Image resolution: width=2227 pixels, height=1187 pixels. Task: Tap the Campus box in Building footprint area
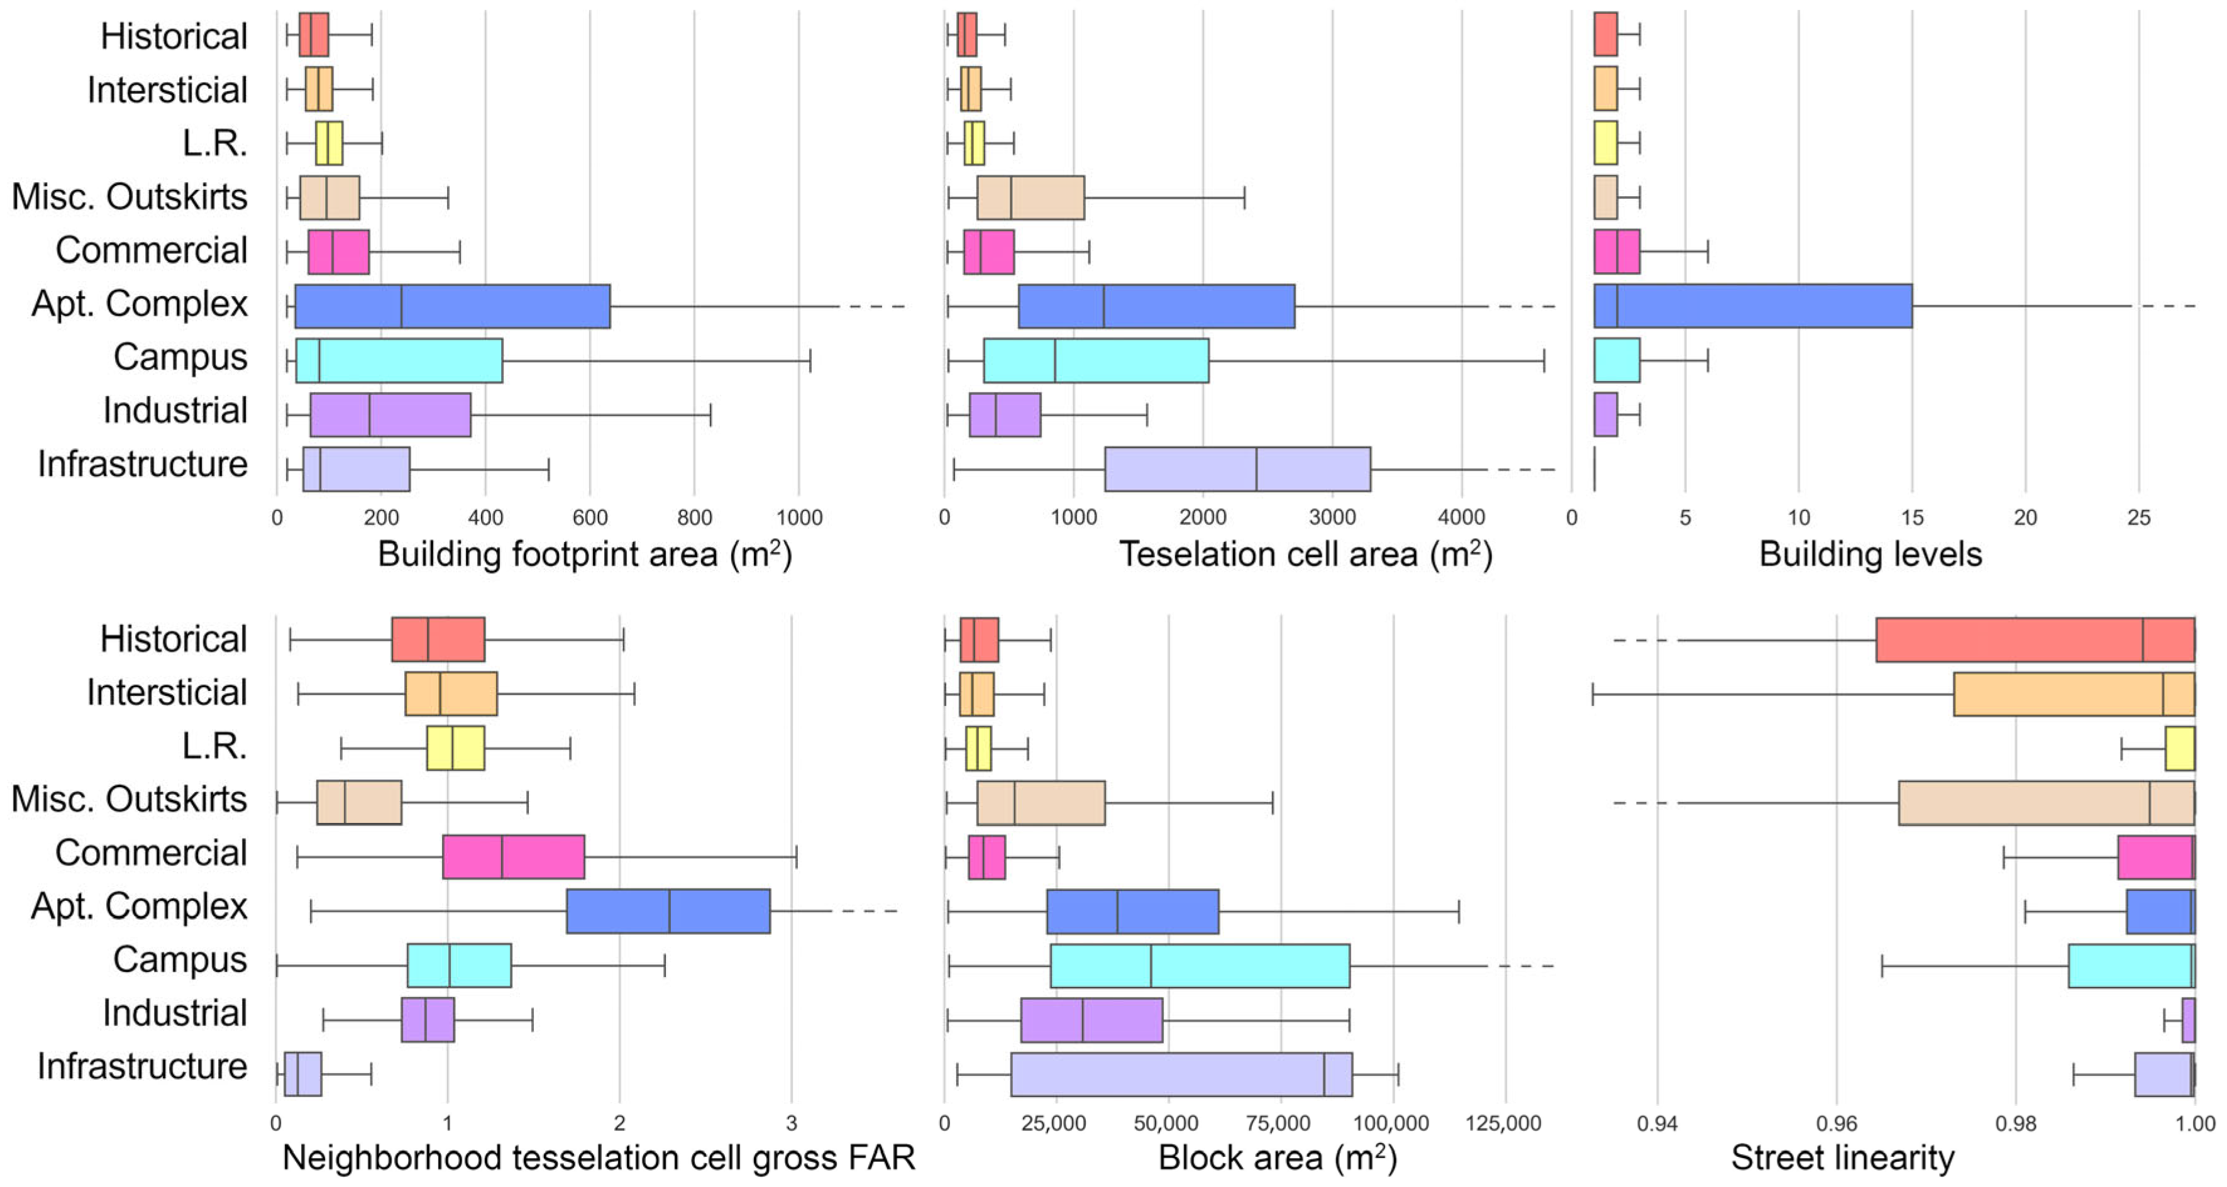399,360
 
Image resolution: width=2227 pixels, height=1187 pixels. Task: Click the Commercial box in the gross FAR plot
514,857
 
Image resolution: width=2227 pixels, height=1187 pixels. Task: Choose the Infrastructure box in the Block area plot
1181,1074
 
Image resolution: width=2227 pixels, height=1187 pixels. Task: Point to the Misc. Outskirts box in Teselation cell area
1031,198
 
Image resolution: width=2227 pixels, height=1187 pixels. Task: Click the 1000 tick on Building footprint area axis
799,518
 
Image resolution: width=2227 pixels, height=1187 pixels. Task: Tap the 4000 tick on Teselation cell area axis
1461,518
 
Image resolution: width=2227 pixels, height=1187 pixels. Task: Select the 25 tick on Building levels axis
2139,518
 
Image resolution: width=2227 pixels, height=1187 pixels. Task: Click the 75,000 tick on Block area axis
1279,1124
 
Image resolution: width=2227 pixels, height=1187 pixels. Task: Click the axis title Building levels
1870,554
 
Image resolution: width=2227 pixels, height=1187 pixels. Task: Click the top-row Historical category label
174,36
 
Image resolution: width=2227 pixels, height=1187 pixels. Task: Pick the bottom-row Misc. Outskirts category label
130,800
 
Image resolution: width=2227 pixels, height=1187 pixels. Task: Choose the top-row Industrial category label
175,411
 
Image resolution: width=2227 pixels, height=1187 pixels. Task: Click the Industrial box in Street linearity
2188,1020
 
